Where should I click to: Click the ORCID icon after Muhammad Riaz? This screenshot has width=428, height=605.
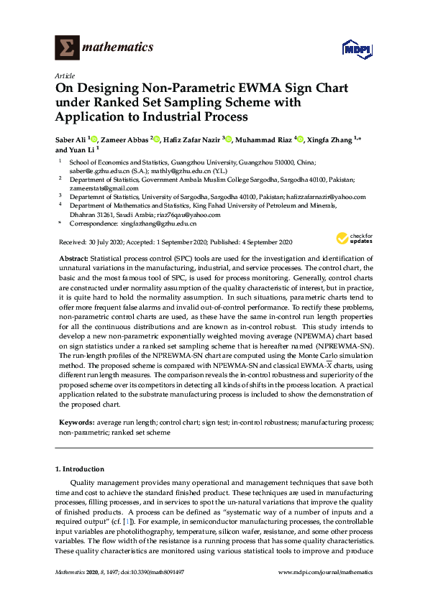click(301, 139)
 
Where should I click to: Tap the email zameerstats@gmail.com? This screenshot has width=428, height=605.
click(93, 188)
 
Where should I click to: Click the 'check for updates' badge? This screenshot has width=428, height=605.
click(352, 239)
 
